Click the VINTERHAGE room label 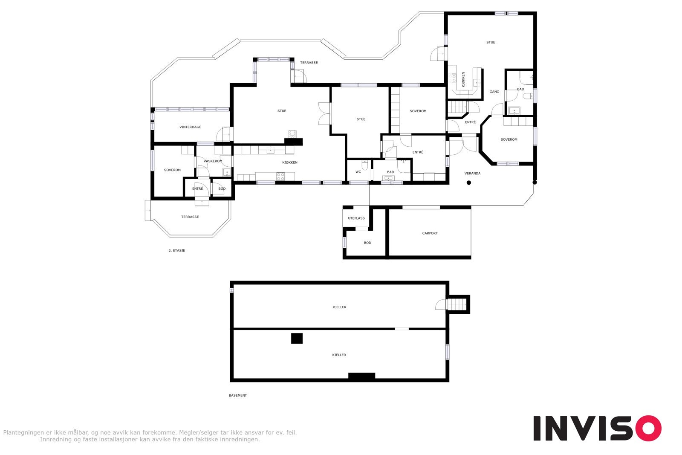click(190, 127)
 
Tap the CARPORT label click(430, 233)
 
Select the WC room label click(358, 172)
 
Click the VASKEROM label click(213, 161)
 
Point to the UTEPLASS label click(356, 218)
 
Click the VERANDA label click(472, 174)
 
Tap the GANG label click(494, 92)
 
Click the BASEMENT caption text click(237, 396)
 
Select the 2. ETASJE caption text click(176, 251)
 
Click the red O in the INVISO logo click(647, 428)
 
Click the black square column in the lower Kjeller click(297, 338)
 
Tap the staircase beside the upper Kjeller click(456, 304)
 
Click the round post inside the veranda click(468, 183)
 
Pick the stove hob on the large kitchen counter click(280, 175)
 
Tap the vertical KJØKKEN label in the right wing click(463, 80)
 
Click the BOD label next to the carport click(367, 243)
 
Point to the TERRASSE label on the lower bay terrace click(190, 217)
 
